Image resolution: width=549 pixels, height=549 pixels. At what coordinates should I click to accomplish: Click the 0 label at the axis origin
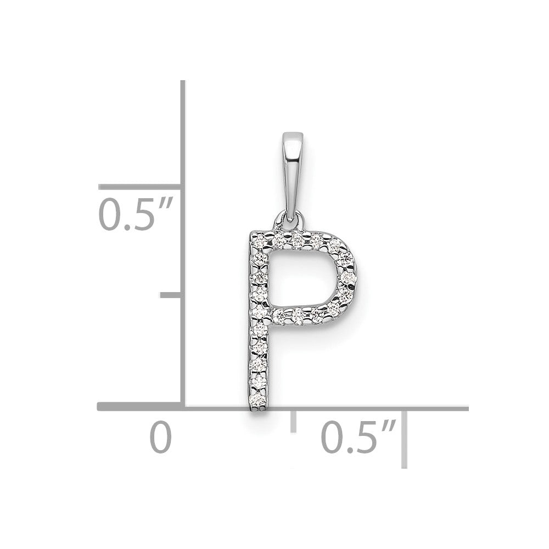pyautogui.click(x=161, y=438)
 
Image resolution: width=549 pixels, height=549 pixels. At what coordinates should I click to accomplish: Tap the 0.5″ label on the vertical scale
pyautogui.click(x=136, y=214)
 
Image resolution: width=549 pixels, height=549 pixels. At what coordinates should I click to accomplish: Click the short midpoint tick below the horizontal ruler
pyautogui.click(x=293, y=422)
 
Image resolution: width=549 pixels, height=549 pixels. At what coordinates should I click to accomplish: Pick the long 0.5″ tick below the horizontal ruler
pyautogui.click(x=405, y=439)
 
